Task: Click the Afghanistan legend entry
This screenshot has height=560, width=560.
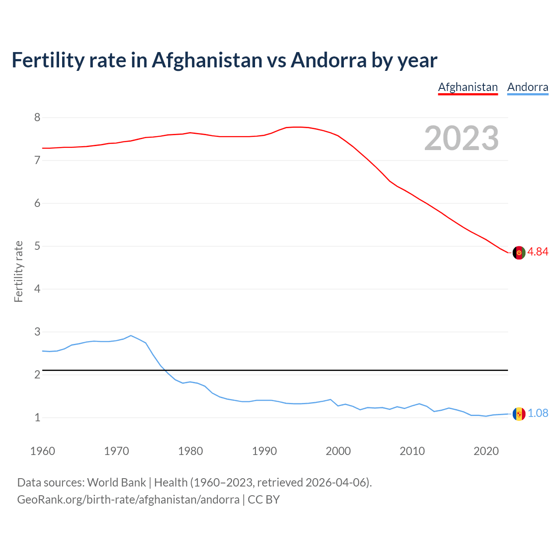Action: (x=468, y=87)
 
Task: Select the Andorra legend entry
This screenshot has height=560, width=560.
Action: (x=528, y=87)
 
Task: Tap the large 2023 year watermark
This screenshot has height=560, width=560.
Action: (x=462, y=138)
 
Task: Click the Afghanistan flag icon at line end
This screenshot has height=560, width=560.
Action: (x=519, y=253)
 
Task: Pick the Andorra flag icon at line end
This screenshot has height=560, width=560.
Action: (x=519, y=414)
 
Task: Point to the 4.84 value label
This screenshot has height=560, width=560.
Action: (x=538, y=252)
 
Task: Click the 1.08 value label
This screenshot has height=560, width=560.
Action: (x=538, y=413)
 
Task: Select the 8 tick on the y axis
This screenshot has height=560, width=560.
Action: (x=37, y=117)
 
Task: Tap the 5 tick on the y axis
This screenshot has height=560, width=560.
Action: (x=37, y=246)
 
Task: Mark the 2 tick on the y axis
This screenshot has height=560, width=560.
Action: (x=37, y=374)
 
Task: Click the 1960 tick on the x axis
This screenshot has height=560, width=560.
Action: (x=42, y=451)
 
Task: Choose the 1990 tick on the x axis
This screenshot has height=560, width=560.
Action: (x=264, y=451)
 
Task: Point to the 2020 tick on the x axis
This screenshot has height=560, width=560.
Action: (x=486, y=451)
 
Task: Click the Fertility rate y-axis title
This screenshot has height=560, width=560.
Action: (x=18, y=271)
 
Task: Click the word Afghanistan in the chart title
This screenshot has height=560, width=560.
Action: (x=207, y=60)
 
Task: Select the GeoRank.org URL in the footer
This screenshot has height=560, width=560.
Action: (x=128, y=500)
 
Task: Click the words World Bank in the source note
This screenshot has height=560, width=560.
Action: (x=116, y=483)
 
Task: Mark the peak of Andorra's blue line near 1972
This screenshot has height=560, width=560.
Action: (x=131, y=336)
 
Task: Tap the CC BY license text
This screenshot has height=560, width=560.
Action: (x=264, y=500)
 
